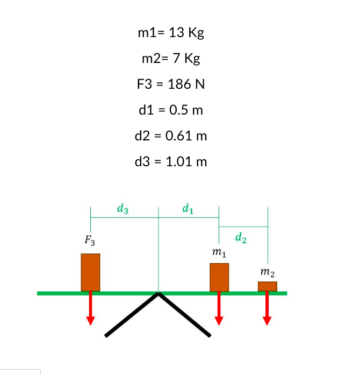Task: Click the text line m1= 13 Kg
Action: [171, 33]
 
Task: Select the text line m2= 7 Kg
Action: [171, 59]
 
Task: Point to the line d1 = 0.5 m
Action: [171, 110]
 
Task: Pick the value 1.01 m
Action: [188, 161]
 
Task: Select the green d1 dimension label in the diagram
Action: [188, 208]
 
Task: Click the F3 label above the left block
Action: [90, 240]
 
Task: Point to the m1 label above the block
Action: [219, 252]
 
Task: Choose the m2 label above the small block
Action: [267, 273]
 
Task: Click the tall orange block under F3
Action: [90, 272]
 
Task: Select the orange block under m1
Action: [219, 277]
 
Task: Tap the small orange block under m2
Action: [267, 286]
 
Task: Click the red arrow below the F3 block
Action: [90, 309]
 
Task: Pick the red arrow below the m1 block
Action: [219, 309]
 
